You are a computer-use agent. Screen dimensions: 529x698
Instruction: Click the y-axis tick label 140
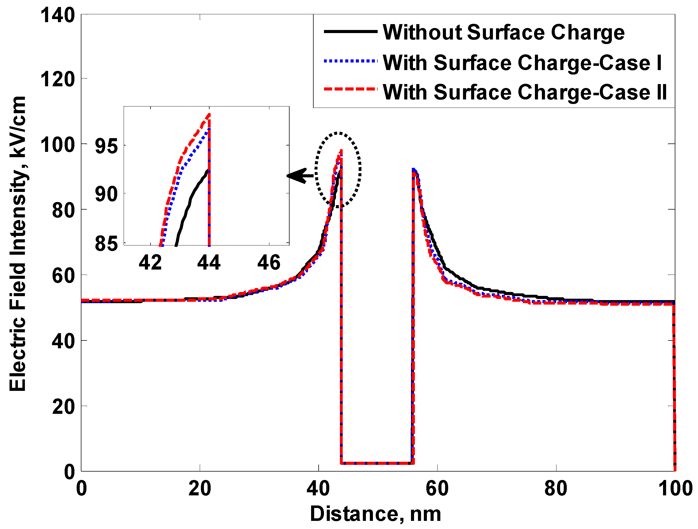(58, 15)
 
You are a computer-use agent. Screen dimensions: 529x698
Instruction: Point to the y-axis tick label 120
(58, 79)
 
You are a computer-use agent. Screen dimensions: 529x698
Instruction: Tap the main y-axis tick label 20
(64, 407)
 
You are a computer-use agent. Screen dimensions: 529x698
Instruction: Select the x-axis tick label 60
(437, 488)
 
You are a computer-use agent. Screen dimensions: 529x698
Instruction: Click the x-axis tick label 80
(556, 488)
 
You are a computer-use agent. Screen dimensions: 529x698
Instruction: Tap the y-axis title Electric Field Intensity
(18, 243)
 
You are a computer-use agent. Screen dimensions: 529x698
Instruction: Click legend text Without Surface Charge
(504, 32)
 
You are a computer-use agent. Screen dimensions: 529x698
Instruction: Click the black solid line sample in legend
(351, 31)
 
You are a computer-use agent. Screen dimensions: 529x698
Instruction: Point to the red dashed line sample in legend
(351, 89)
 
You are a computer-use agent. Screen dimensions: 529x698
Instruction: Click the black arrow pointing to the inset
(300, 176)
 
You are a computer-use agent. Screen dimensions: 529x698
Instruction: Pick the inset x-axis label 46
(269, 262)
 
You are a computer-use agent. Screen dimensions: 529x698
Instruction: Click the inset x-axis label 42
(150, 262)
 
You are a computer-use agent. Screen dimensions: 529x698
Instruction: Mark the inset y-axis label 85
(106, 244)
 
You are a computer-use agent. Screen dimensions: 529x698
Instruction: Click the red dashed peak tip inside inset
(209, 114)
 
